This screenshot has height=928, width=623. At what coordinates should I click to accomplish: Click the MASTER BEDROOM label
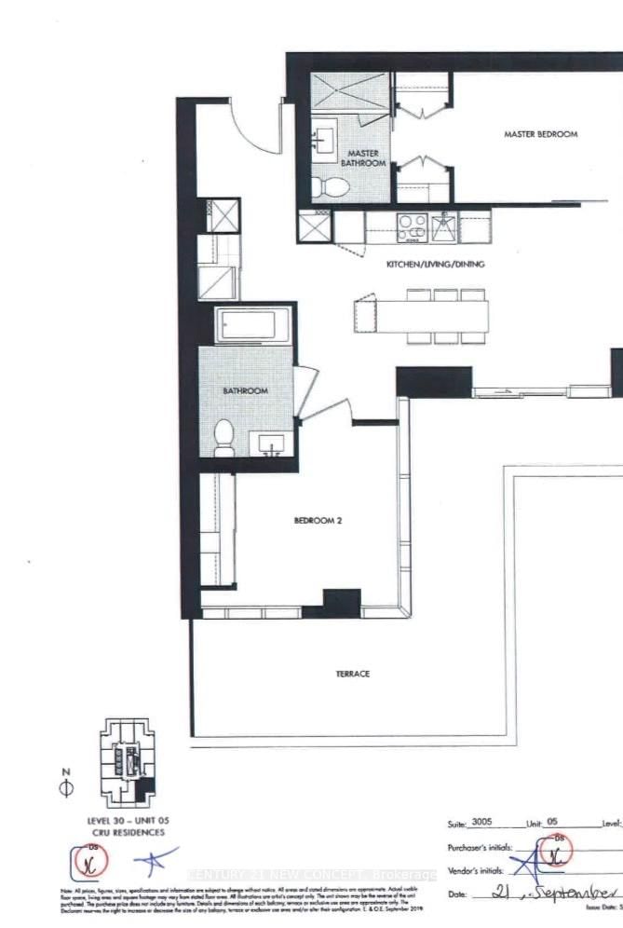point(540,134)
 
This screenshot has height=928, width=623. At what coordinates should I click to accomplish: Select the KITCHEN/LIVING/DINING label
point(436,265)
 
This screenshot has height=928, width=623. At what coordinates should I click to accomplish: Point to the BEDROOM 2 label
point(318,522)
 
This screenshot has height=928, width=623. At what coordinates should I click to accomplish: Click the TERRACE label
point(355,673)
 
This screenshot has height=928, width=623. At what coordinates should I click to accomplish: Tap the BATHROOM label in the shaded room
point(245,391)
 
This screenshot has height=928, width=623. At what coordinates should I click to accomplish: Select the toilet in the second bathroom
point(223,437)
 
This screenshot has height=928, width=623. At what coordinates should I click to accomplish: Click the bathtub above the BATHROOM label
point(246,326)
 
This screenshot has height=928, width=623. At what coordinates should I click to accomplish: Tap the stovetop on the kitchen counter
point(411,226)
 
